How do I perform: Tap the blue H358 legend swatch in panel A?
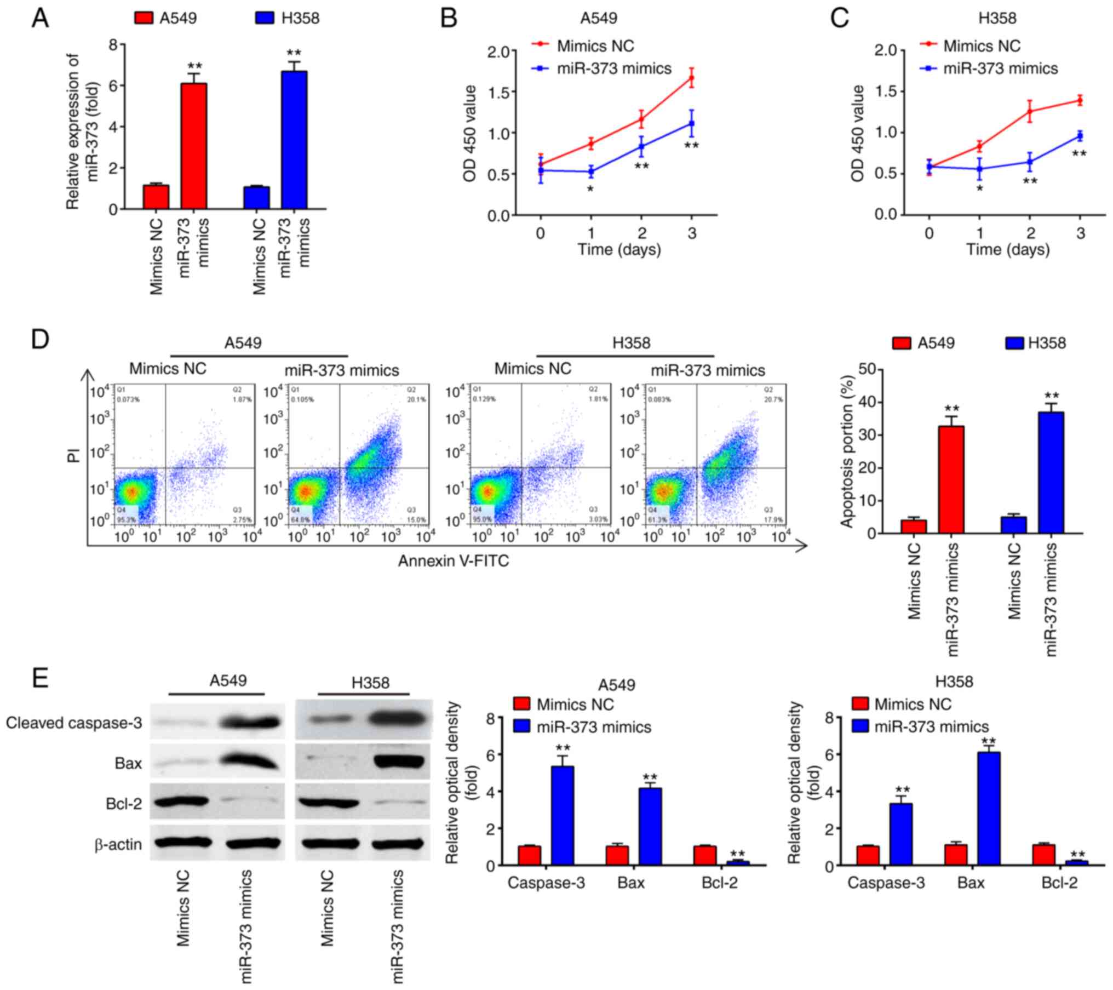[265, 18]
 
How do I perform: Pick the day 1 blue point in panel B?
[591, 171]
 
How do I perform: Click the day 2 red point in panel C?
[1030, 111]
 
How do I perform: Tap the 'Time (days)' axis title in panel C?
[1007, 250]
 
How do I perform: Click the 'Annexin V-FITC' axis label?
[453, 560]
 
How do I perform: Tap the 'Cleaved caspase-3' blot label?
[74, 723]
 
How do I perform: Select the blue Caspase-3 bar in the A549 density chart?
[563, 815]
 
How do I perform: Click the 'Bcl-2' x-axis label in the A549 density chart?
[720, 883]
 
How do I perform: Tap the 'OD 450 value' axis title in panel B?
[469, 133]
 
